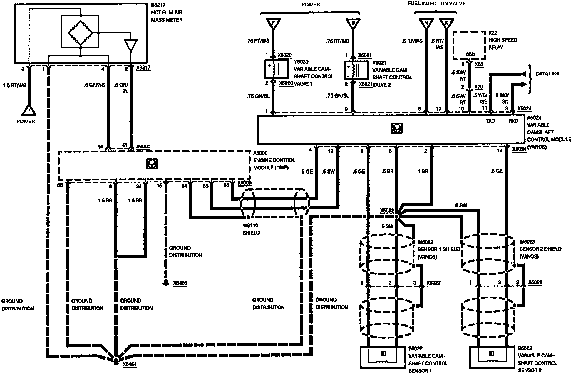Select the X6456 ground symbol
[x=166, y=283]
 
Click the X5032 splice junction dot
[x=396, y=216]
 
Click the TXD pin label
[x=490, y=121]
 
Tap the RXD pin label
[x=513, y=121]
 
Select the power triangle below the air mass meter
[x=29, y=110]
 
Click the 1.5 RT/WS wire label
[x=15, y=85]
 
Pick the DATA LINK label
[x=548, y=74]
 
